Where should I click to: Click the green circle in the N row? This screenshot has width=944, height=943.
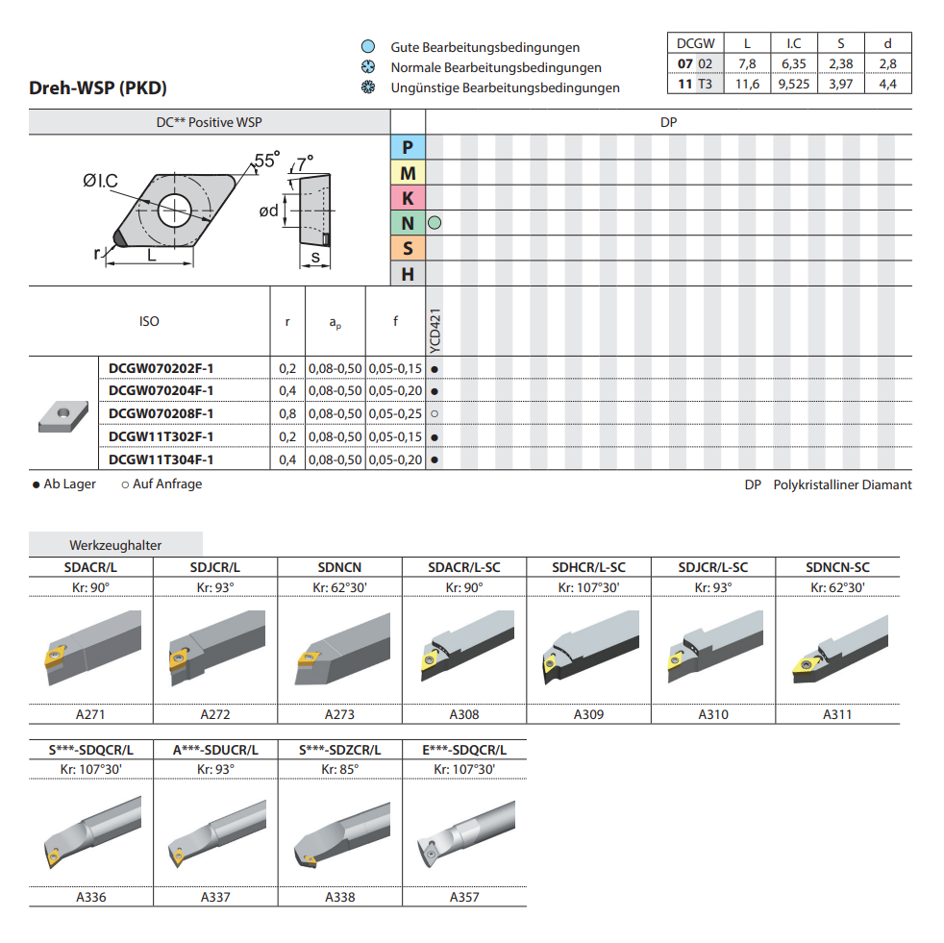point(435,223)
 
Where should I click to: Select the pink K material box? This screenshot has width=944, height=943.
point(408,197)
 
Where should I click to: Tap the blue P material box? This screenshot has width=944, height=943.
point(408,147)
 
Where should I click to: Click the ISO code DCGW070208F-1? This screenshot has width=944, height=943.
point(161,413)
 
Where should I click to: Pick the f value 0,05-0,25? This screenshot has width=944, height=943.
point(395,413)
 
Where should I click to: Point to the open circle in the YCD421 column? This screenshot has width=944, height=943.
point(435,413)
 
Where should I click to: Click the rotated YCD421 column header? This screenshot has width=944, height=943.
point(435,331)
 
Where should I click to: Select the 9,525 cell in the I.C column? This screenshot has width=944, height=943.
point(793,84)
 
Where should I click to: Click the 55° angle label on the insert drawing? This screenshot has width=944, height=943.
point(266,161)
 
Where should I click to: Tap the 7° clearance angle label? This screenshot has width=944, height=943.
point(306,163)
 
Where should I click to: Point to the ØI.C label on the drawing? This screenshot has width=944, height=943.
point(101,181)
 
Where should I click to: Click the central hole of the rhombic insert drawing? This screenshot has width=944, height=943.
point(175,211)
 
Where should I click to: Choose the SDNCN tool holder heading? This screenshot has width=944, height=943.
point(339,567)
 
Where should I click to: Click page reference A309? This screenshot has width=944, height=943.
point(588,714)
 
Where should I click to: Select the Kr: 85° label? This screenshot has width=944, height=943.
point(339,769)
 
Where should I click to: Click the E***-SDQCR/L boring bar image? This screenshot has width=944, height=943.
point(465,833)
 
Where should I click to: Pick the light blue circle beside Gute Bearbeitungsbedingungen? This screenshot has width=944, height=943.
point(368,46)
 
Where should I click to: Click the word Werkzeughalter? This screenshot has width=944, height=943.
point(115,545)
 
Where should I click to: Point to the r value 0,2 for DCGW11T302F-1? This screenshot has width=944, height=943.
point(287,436)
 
